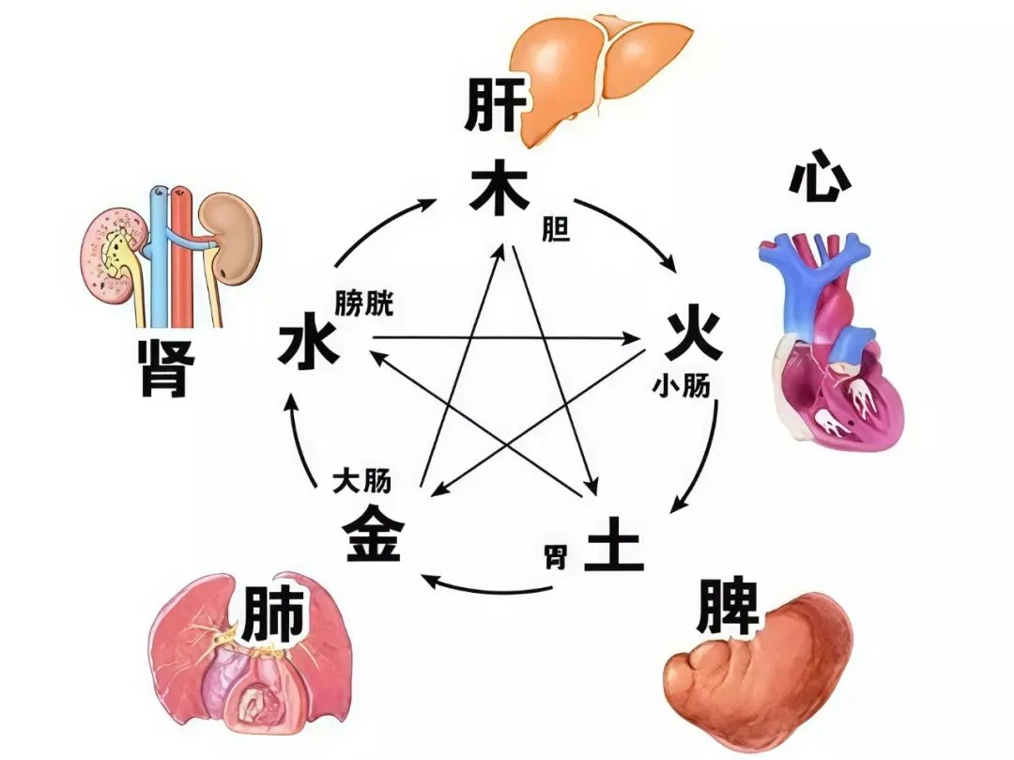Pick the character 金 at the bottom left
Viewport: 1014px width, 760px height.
(375, 534)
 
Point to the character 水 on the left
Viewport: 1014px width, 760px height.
(308, 347)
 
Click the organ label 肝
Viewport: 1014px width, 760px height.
(492, 107)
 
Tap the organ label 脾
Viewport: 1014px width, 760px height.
(727, 610)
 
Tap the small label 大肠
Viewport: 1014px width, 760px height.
(361, 482)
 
